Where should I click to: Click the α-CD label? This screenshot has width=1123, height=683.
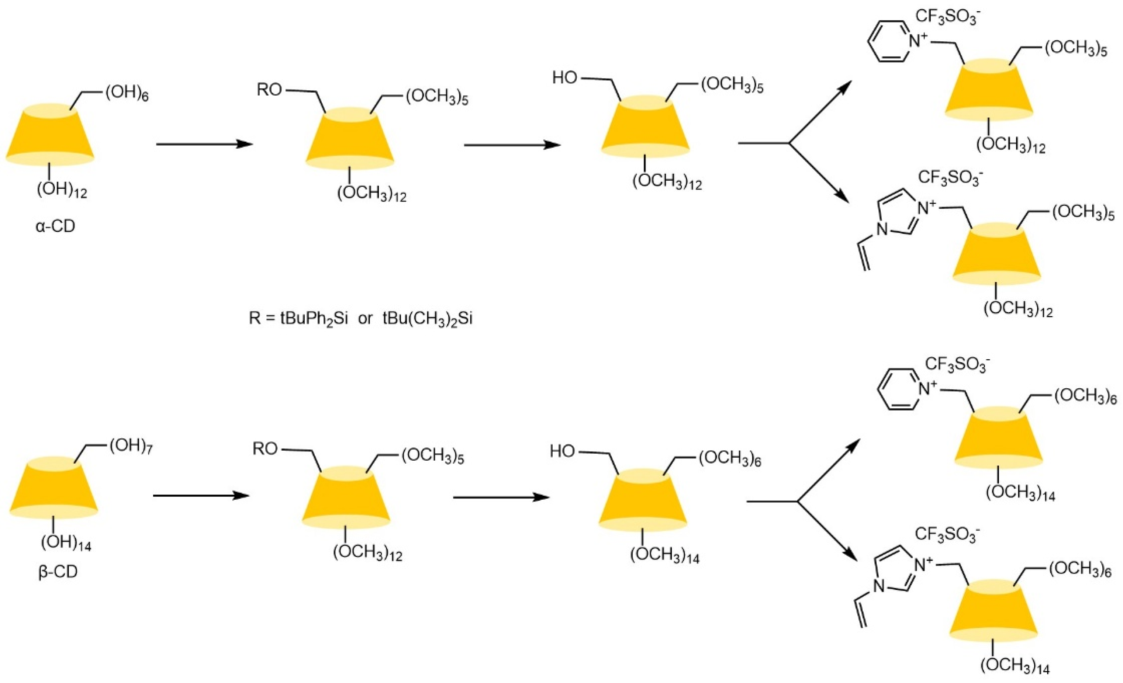coord(55,226)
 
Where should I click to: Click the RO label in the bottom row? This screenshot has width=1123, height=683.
coord(265,450)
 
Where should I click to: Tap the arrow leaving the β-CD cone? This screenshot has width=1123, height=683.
coord(201,496)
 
